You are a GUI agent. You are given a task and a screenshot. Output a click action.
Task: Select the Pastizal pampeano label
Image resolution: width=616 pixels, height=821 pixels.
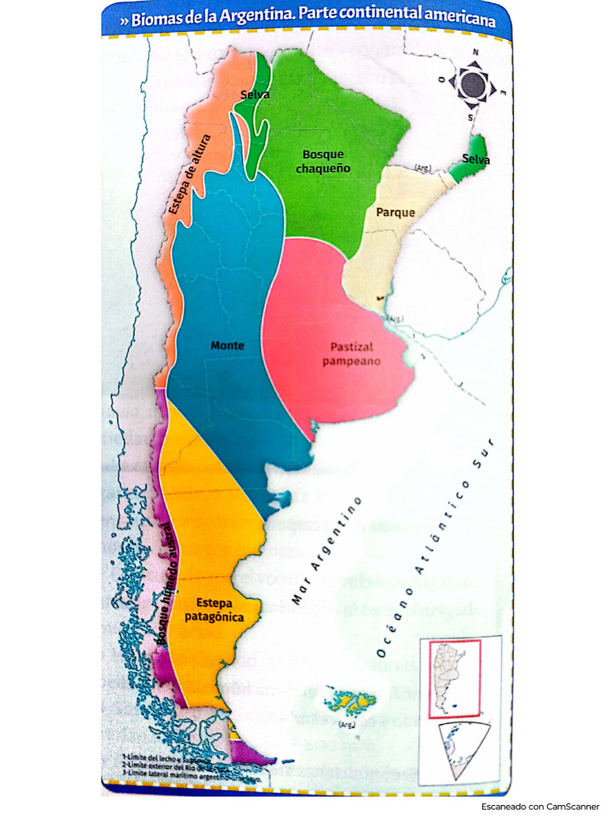point(351,354)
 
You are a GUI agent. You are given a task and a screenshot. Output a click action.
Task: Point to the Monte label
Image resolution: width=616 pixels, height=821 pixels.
point(227,346)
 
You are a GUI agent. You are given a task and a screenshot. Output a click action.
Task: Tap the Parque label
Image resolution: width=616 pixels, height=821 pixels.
point(395,212)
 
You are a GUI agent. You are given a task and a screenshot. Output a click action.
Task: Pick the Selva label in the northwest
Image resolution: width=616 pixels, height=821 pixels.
point(254,95)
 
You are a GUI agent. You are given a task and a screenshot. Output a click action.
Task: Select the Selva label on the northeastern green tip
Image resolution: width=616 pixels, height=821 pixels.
point(476,160)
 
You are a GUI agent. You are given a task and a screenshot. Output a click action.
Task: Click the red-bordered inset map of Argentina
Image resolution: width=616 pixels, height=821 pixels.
point(452,678)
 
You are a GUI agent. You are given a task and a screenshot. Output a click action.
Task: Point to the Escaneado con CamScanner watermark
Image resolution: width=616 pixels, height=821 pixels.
point(540,806)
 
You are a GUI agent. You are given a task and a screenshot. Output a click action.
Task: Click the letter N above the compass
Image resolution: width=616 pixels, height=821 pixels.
point(475,53)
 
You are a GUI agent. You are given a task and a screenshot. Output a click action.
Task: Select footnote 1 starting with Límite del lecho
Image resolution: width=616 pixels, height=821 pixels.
point(167,758)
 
